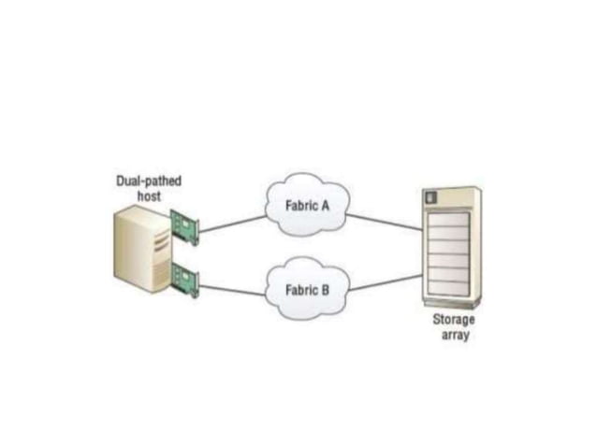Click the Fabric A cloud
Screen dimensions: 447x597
pos(306,207)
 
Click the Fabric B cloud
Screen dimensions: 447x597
pos(306,289)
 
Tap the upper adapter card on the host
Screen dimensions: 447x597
pos(184,227)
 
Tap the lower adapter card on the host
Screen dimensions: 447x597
pos(184,281)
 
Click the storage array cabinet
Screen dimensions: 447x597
pos(452,248)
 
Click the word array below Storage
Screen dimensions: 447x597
pos(454,335)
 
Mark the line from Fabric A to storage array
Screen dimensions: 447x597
pos(384,220)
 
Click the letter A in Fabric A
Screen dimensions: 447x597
pos(325,207)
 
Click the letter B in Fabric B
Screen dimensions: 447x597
pos(325,289)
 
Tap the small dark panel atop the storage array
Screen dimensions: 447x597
pos(431,197)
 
